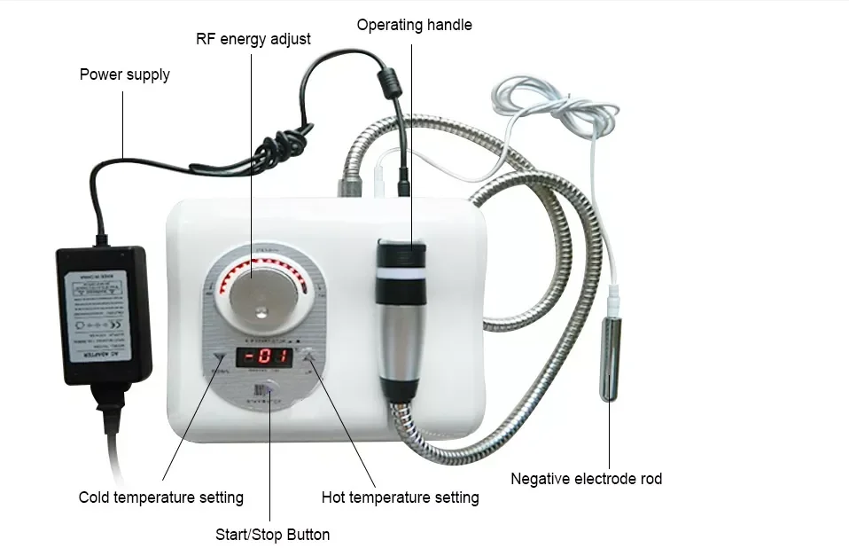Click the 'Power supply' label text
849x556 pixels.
tap(124, 74)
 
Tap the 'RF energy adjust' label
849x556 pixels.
tap(253, 39)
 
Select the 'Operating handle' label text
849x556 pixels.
tap(414, 25)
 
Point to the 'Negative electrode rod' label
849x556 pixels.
tap(586, 479)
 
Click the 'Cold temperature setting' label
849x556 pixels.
tap(160, 497)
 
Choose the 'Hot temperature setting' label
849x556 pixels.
tap(400, 497)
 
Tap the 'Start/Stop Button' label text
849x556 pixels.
tap(272, 535)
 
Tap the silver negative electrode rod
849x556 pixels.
tap(610, 350)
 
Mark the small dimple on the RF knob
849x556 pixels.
tap(260, 310)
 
